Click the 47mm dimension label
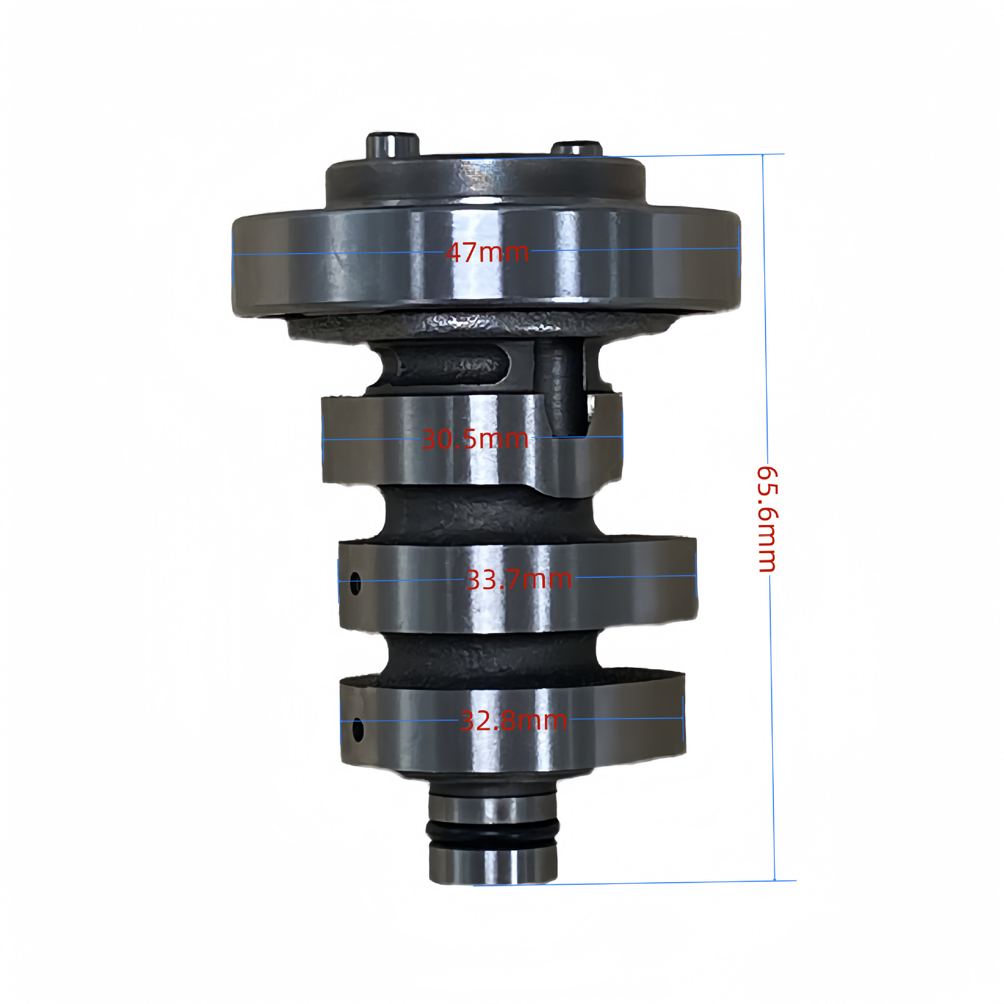487,253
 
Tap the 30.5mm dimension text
475,439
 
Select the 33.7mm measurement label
519,579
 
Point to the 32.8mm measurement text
514,721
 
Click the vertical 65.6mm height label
768,519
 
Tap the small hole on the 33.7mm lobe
355,583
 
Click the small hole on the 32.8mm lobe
358,730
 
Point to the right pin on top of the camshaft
576,148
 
